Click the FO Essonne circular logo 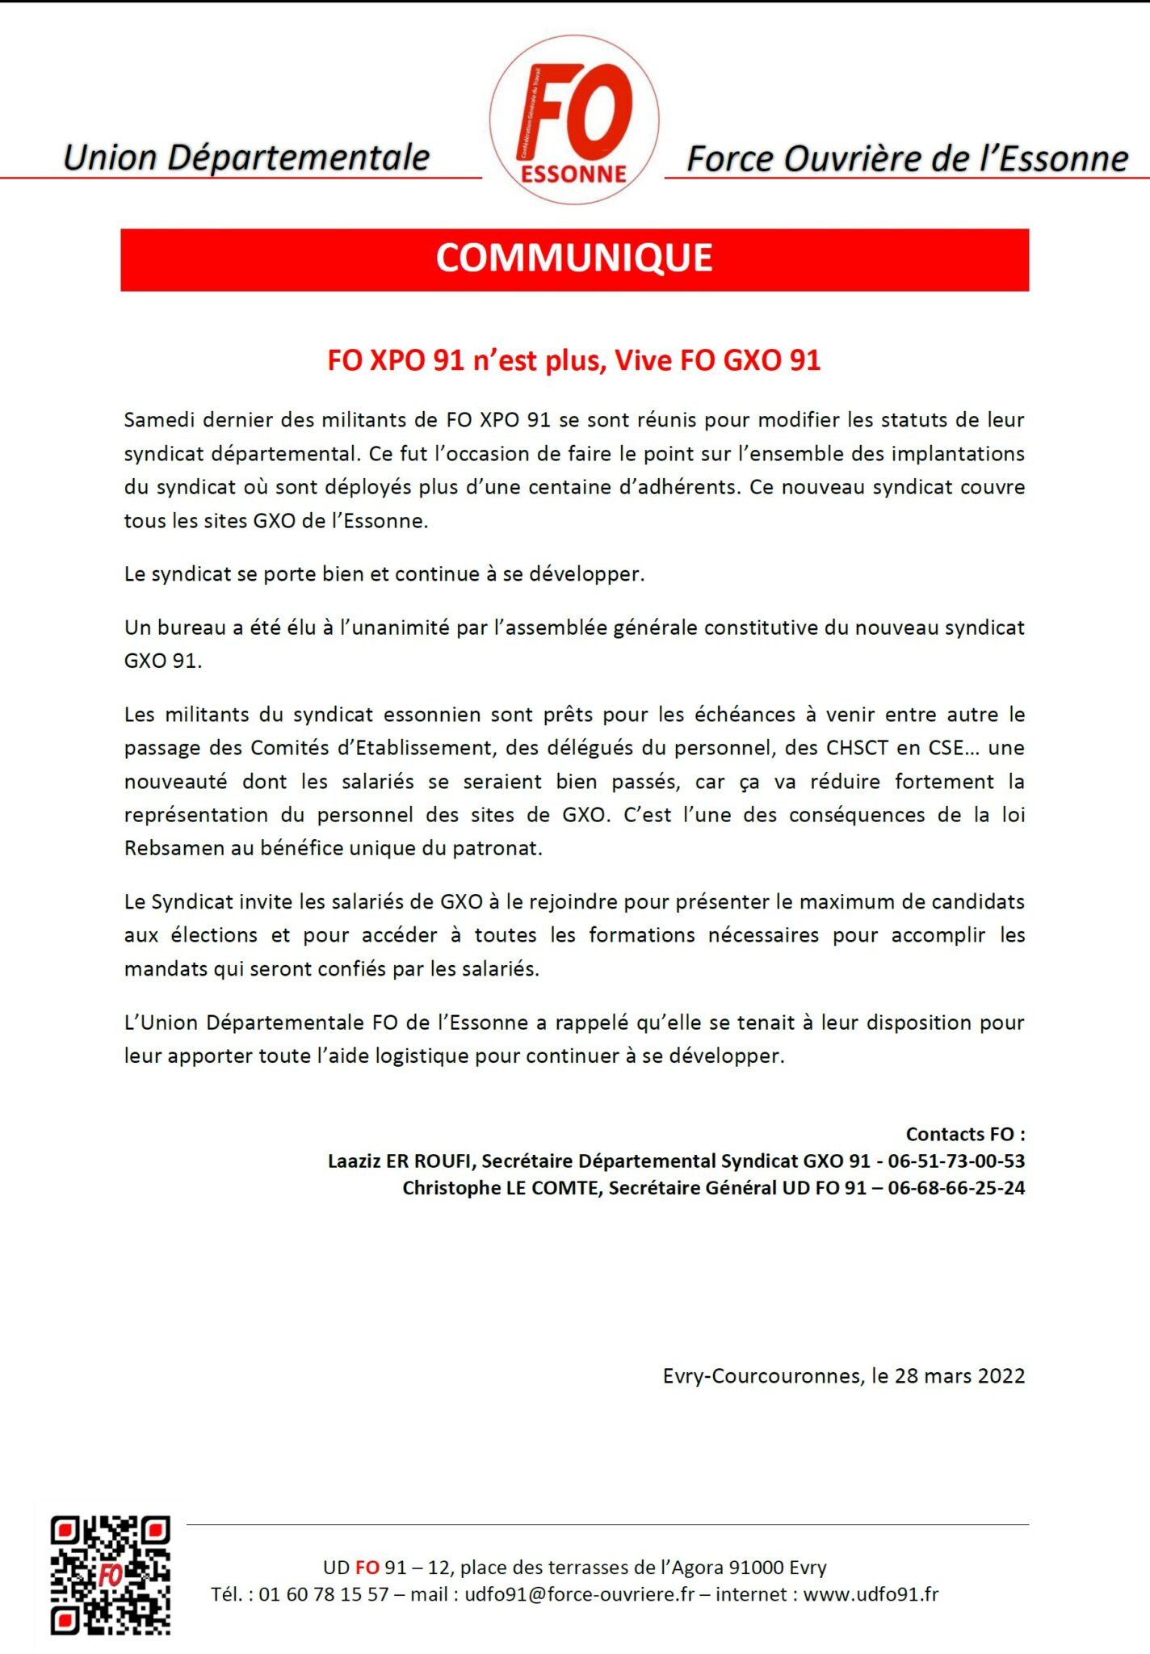click(x=574, y=120)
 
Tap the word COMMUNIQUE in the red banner click(x=574, y=258)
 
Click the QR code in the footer click(x=111, y=1575)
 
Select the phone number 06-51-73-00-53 click(x=956, y=1161)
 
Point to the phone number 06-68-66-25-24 click(x=956, y=1187)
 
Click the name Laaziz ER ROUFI click(x=401, y=1161)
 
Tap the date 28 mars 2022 click(x=959, y=1375)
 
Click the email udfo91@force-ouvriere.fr click(x=579, y=1593)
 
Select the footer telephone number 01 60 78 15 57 click(x=323, y=1593)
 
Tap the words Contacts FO click(x=964, y=1134)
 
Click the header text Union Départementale click(x=246, y=157)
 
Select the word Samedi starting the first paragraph click(x=158, y=420)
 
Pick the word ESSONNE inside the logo click(x=573, y=174)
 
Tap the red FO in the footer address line click(x=367, y=1567)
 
